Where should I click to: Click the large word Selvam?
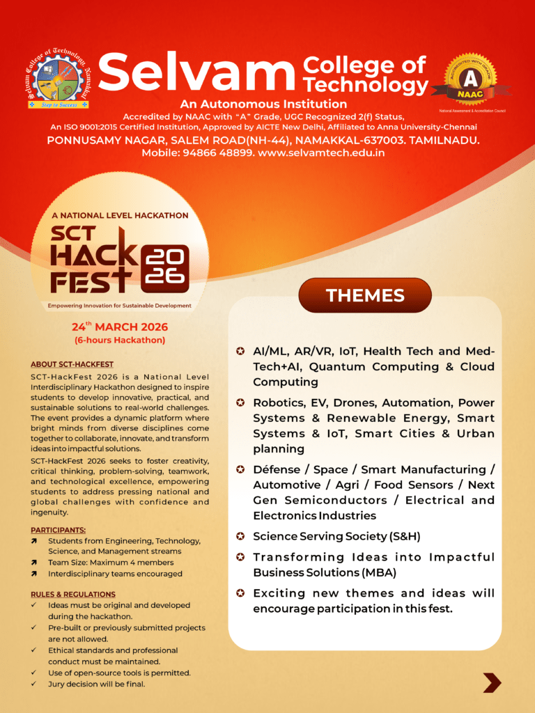click(x=197, y=74)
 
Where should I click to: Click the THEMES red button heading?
click(x=365, y=295)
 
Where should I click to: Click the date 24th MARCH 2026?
click(x=120, y=327)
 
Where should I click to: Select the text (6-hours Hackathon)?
click(x=120, y=340)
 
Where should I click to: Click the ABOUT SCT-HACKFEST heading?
click(x=72, y=364)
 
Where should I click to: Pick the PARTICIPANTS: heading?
click(x=59, y=530)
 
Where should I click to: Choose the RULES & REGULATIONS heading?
click(x=73, y=594)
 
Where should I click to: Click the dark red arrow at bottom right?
click(x=492, y=682)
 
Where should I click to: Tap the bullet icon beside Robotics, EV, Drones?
click(x=240, y=402)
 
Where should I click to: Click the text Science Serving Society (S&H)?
click(x=336, y=536)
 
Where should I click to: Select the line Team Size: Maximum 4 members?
click(x=111, y=563)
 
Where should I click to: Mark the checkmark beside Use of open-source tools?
click(x=34, y=673)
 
